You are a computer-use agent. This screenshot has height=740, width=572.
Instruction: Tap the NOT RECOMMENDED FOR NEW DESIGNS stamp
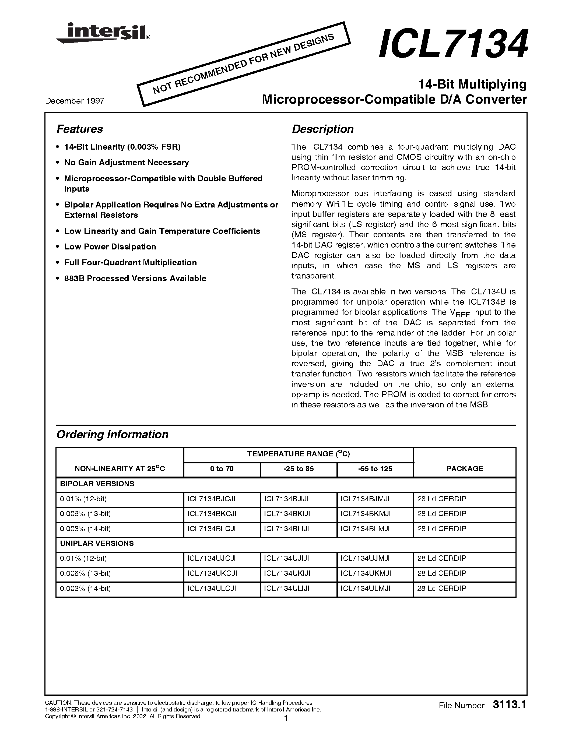(x=243, y=64)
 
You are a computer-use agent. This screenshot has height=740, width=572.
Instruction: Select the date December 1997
(x=75, y=101)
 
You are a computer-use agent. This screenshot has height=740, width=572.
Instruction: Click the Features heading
(x=80, y=129)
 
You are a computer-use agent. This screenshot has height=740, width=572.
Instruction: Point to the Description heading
(x=322, y=129)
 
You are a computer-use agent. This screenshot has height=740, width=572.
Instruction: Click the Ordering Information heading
(x=112, y=435)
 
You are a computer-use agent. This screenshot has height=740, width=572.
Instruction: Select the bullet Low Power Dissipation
(x=110, y=247)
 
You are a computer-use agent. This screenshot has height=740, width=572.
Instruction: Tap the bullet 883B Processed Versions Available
(x=135, y=279)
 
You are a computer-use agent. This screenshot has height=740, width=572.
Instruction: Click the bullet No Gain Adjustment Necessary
(x=127, y=163)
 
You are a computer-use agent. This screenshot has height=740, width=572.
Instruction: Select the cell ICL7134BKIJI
(x=286, y=514)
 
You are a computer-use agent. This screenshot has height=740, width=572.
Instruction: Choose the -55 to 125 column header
(x=375, y=469)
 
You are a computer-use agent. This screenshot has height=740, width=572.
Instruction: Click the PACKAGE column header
(x=465, y=469)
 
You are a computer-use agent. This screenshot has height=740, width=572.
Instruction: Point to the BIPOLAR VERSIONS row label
(x=97, y=484)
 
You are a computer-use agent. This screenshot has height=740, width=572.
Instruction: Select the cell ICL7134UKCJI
(x=212, y=574)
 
